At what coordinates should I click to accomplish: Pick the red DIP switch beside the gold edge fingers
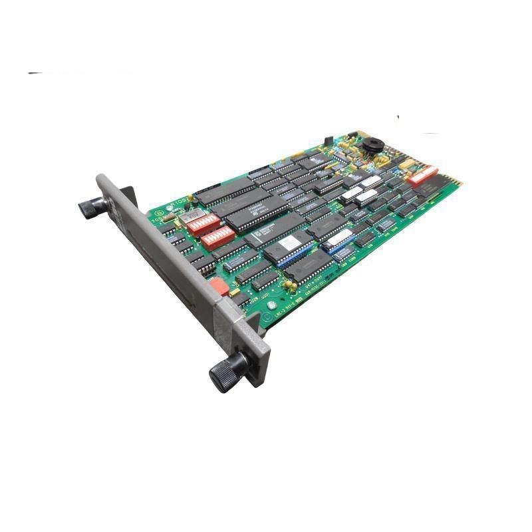pos(423,174)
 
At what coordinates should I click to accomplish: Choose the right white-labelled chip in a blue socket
pos(339,236)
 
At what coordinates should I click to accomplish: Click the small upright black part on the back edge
pos(328,141)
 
